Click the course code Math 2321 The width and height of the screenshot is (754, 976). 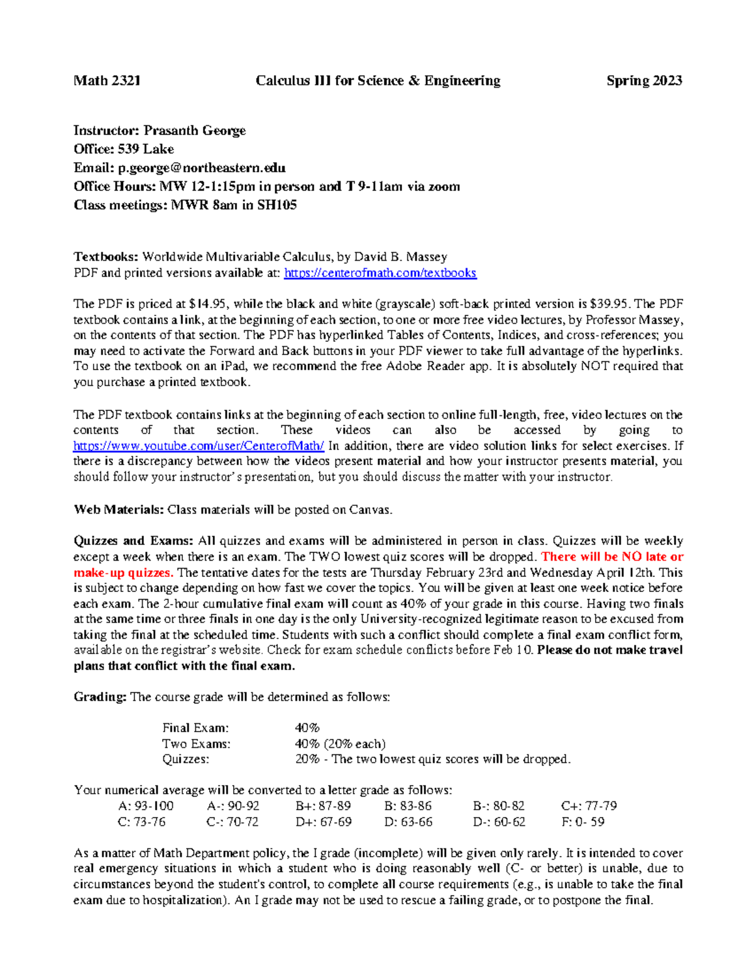tap(107, 80)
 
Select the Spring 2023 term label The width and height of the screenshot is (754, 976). tap(644, 80)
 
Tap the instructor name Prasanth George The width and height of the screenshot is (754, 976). tap(194, 131)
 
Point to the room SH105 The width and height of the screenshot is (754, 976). tap(276, 205)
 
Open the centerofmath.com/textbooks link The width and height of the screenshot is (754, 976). tap(380, 273)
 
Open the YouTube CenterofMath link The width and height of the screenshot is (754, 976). tap(199, 446)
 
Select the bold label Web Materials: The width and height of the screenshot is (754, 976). tap(119, 510)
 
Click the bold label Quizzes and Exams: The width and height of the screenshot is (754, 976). tap(133, 541)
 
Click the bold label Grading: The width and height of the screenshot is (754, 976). tap(100, 697)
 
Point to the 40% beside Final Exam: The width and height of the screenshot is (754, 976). tap(307, 728)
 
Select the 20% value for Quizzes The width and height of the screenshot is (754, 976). tap(307, 759)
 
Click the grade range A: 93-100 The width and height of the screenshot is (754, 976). tap(146, 806)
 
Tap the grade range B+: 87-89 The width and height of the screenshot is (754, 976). tap(323, 806)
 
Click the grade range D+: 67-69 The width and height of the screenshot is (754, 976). tap(323, 822)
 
